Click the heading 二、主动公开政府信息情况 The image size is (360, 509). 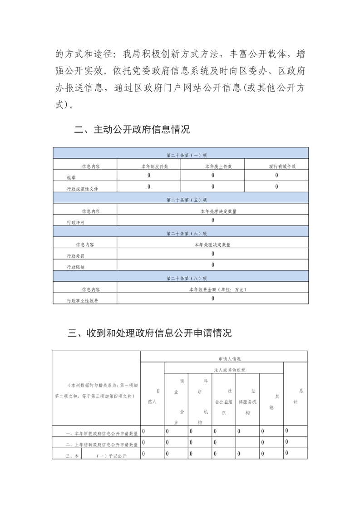tap(132, 130)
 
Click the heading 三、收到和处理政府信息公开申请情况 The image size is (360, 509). tap(150, 333)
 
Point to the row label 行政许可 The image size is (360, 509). tap(75, 222)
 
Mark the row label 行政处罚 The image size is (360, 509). tap(75, 256)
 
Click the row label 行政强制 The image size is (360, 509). tap(75, 267)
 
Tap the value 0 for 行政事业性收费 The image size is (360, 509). tap(212, 299)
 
